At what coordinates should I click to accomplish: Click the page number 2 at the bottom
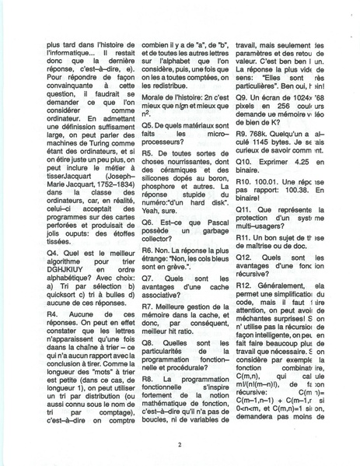(x=180, y=444)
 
